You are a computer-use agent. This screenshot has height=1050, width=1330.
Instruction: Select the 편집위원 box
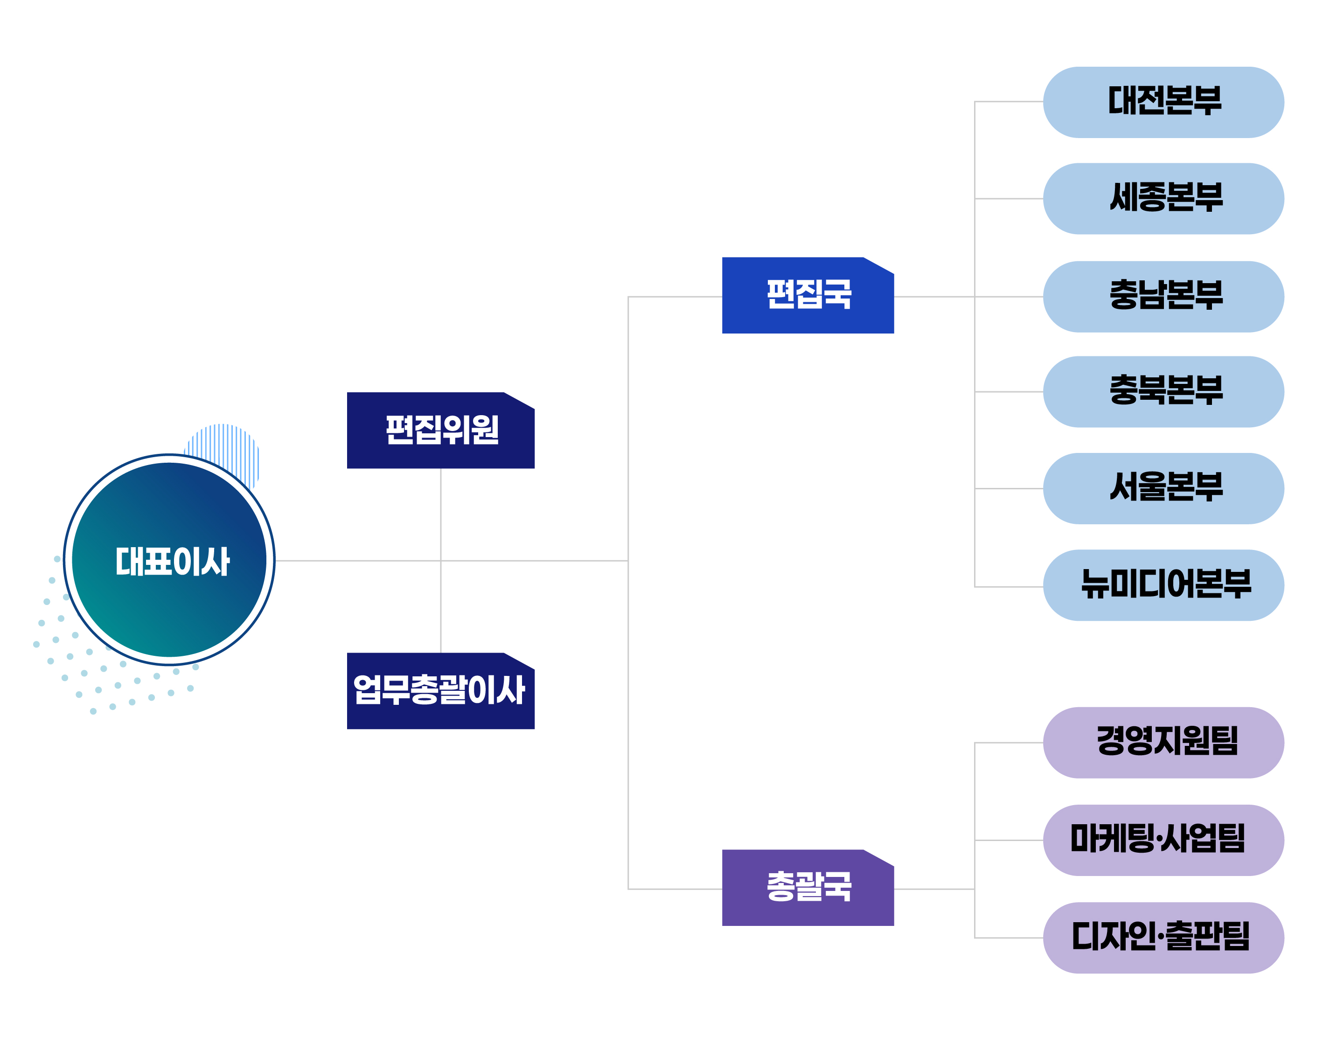click(440, 431)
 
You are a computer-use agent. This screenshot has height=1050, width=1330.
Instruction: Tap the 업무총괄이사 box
click(440, 690)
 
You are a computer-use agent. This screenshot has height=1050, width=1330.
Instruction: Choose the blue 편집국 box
click(808, 295)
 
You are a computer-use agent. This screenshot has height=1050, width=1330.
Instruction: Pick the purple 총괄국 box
click(808, 887)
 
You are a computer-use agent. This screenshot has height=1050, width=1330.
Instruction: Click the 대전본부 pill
click(1163, 102)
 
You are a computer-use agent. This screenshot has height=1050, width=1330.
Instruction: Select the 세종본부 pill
click(1163, 199)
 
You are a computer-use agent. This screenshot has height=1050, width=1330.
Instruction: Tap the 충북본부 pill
click(1163, 392)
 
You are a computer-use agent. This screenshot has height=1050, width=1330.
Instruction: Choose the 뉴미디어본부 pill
click(1163, 585)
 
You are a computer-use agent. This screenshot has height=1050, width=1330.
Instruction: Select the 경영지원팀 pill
click(1163, 742)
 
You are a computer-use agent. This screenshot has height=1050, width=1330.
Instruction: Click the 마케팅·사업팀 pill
click(1163, 840)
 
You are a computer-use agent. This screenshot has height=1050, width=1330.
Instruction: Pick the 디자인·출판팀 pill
click(1163, 938)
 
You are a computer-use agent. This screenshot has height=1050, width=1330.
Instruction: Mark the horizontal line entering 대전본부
click(1009, 101)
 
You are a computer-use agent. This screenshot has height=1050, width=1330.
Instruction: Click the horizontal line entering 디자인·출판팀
click(1009, 938)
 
